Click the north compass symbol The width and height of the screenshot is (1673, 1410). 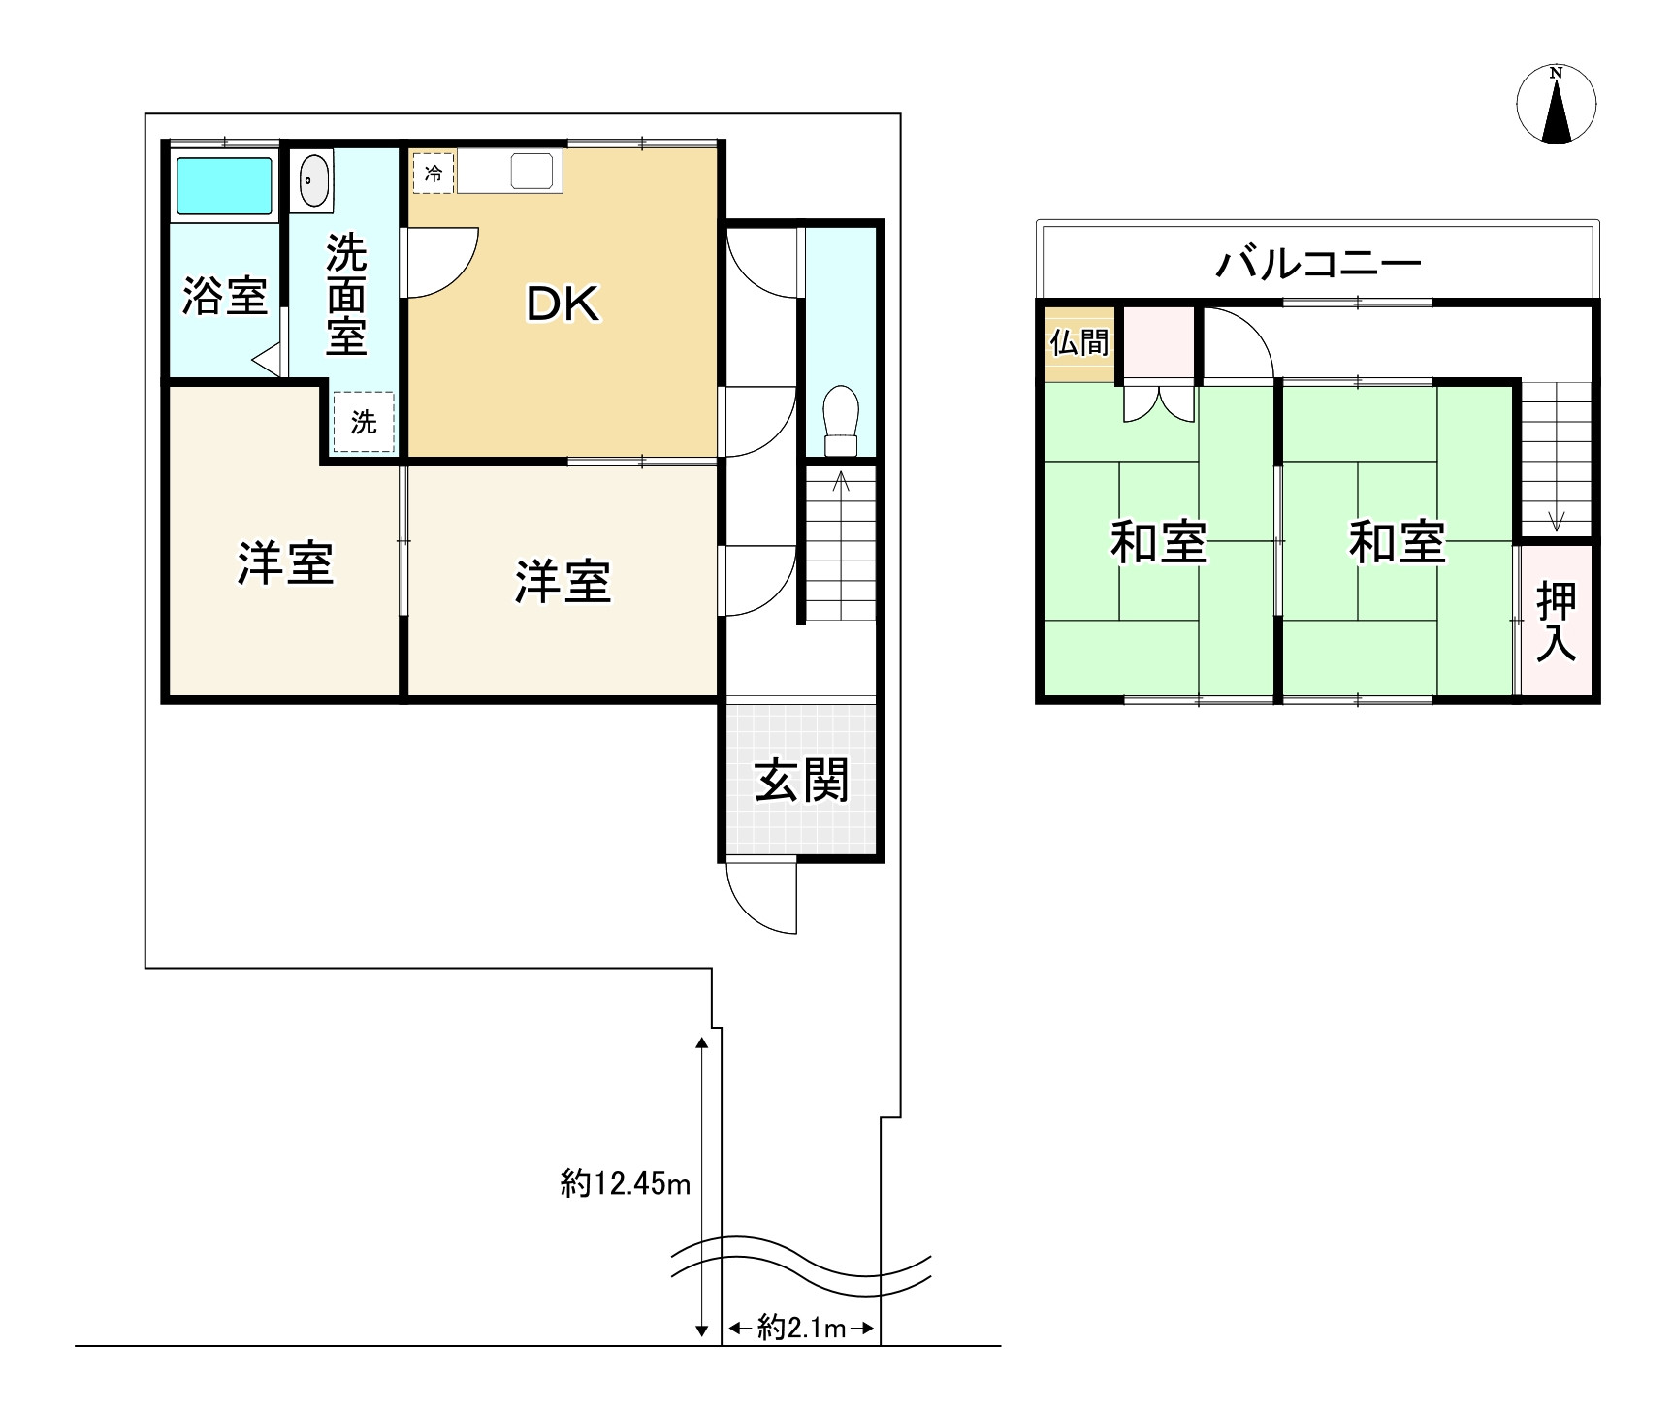tap(1556, 105)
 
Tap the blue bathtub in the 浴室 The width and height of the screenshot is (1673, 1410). tap(223, 185)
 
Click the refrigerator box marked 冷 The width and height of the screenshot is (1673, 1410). tap(434, 174)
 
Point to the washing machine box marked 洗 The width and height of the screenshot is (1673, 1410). tap(364, 422)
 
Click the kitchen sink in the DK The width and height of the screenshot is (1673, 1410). tap(532, 173)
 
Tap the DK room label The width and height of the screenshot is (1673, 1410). tap(563, 304)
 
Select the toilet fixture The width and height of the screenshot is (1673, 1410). tap(840, 421)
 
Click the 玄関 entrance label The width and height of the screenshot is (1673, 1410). tap(801, 781)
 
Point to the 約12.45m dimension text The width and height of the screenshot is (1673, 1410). tap(626, 1183)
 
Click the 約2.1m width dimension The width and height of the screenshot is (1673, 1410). tap(801, 1328)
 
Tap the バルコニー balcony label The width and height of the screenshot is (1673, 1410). tap(1318, 263)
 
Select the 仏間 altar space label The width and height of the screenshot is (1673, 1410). tap(1078, 342)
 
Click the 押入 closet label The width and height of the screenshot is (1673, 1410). tap(1556, 622)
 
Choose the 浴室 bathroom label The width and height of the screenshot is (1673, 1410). tap(224, 296)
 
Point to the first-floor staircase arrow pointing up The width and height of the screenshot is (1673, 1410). tap(841, 480)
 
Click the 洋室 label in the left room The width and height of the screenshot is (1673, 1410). tap(285, 563)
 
